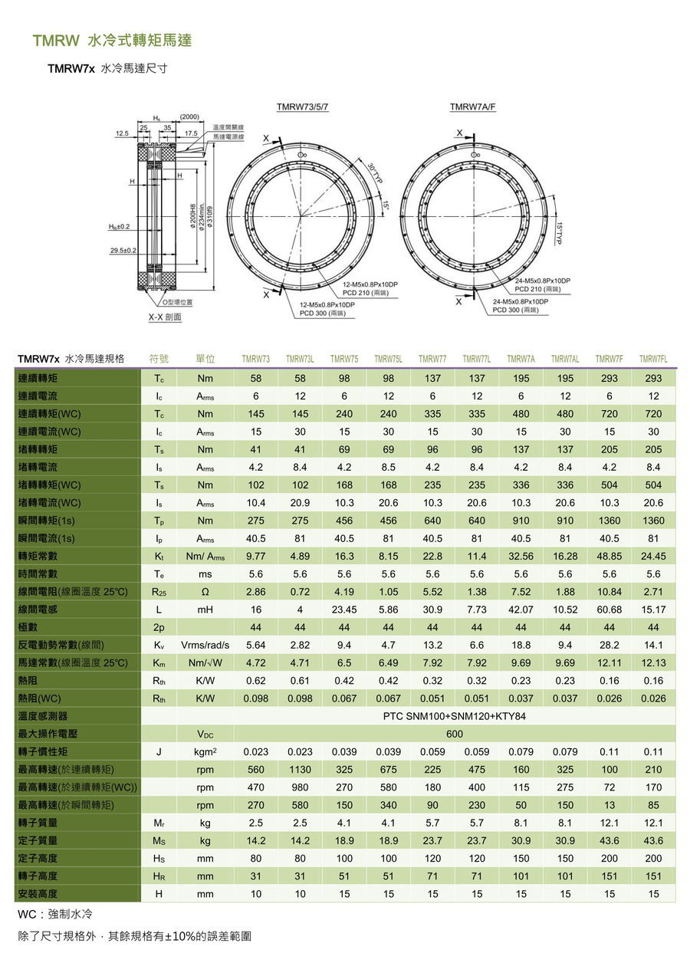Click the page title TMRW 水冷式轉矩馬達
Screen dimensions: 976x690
point(112,41)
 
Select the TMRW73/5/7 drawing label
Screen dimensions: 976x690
point(302,107)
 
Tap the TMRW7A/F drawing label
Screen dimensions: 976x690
point(472,107)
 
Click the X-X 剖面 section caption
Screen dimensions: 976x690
point(165,316)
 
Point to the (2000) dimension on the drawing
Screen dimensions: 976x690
point(189,117)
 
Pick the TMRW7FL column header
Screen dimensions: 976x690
point(653,359)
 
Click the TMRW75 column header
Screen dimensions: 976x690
point(344,359)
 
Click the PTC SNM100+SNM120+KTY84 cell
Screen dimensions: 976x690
point(455,716)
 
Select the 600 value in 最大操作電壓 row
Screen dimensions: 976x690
point(455,734)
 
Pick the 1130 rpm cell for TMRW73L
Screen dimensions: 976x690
point(300,769)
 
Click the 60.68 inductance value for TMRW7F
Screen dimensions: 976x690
point(609,610)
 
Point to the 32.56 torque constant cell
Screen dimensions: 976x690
point(521,557)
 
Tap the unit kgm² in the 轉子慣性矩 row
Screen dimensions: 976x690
point(205,752)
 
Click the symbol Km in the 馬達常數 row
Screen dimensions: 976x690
point(159,663)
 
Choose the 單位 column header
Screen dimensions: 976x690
point(205,359)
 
